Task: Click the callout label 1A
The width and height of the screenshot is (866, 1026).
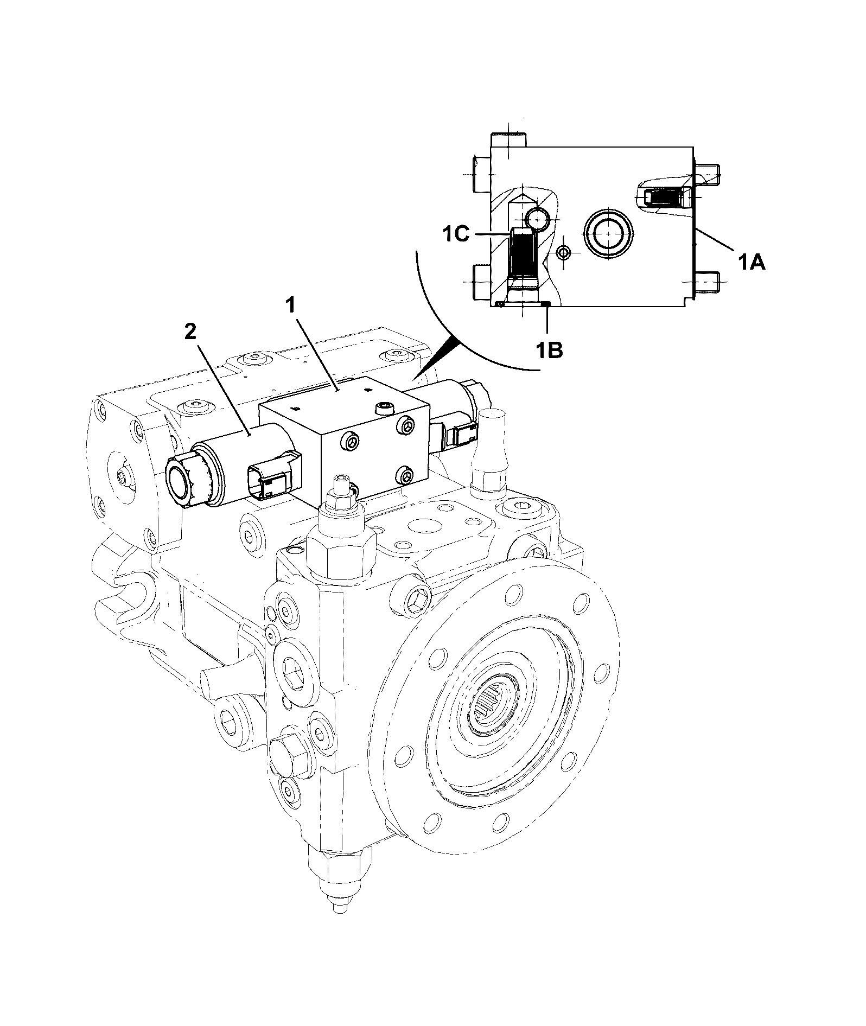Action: click(751, 263)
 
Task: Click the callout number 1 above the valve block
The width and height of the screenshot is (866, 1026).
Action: click(291, 306)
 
